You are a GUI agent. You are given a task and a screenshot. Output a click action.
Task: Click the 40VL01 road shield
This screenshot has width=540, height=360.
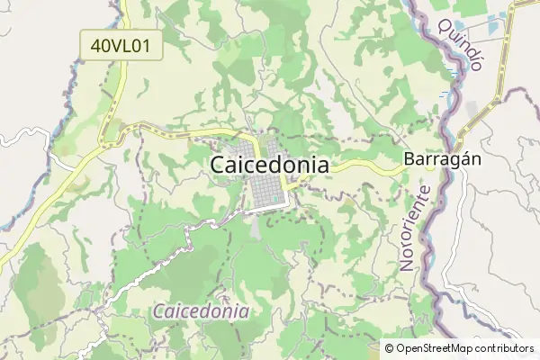[121, 45]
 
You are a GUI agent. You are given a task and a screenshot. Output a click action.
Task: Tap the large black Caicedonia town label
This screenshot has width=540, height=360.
[269, 165]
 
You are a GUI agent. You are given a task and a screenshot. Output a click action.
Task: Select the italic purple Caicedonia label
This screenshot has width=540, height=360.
[201, 311]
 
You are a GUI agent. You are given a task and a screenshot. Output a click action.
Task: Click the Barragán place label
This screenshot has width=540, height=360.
[443, 158]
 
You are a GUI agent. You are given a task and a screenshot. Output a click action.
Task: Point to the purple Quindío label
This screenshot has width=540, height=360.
[461, 44]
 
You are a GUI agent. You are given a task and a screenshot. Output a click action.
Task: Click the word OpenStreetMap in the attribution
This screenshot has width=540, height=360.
[440, 347]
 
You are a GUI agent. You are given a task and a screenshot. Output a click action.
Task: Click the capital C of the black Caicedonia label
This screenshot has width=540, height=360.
[219, 165]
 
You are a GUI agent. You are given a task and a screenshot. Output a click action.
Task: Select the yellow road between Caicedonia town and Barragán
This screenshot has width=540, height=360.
[360, 166]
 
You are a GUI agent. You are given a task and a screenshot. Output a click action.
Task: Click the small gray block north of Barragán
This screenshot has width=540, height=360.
[473, 109]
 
